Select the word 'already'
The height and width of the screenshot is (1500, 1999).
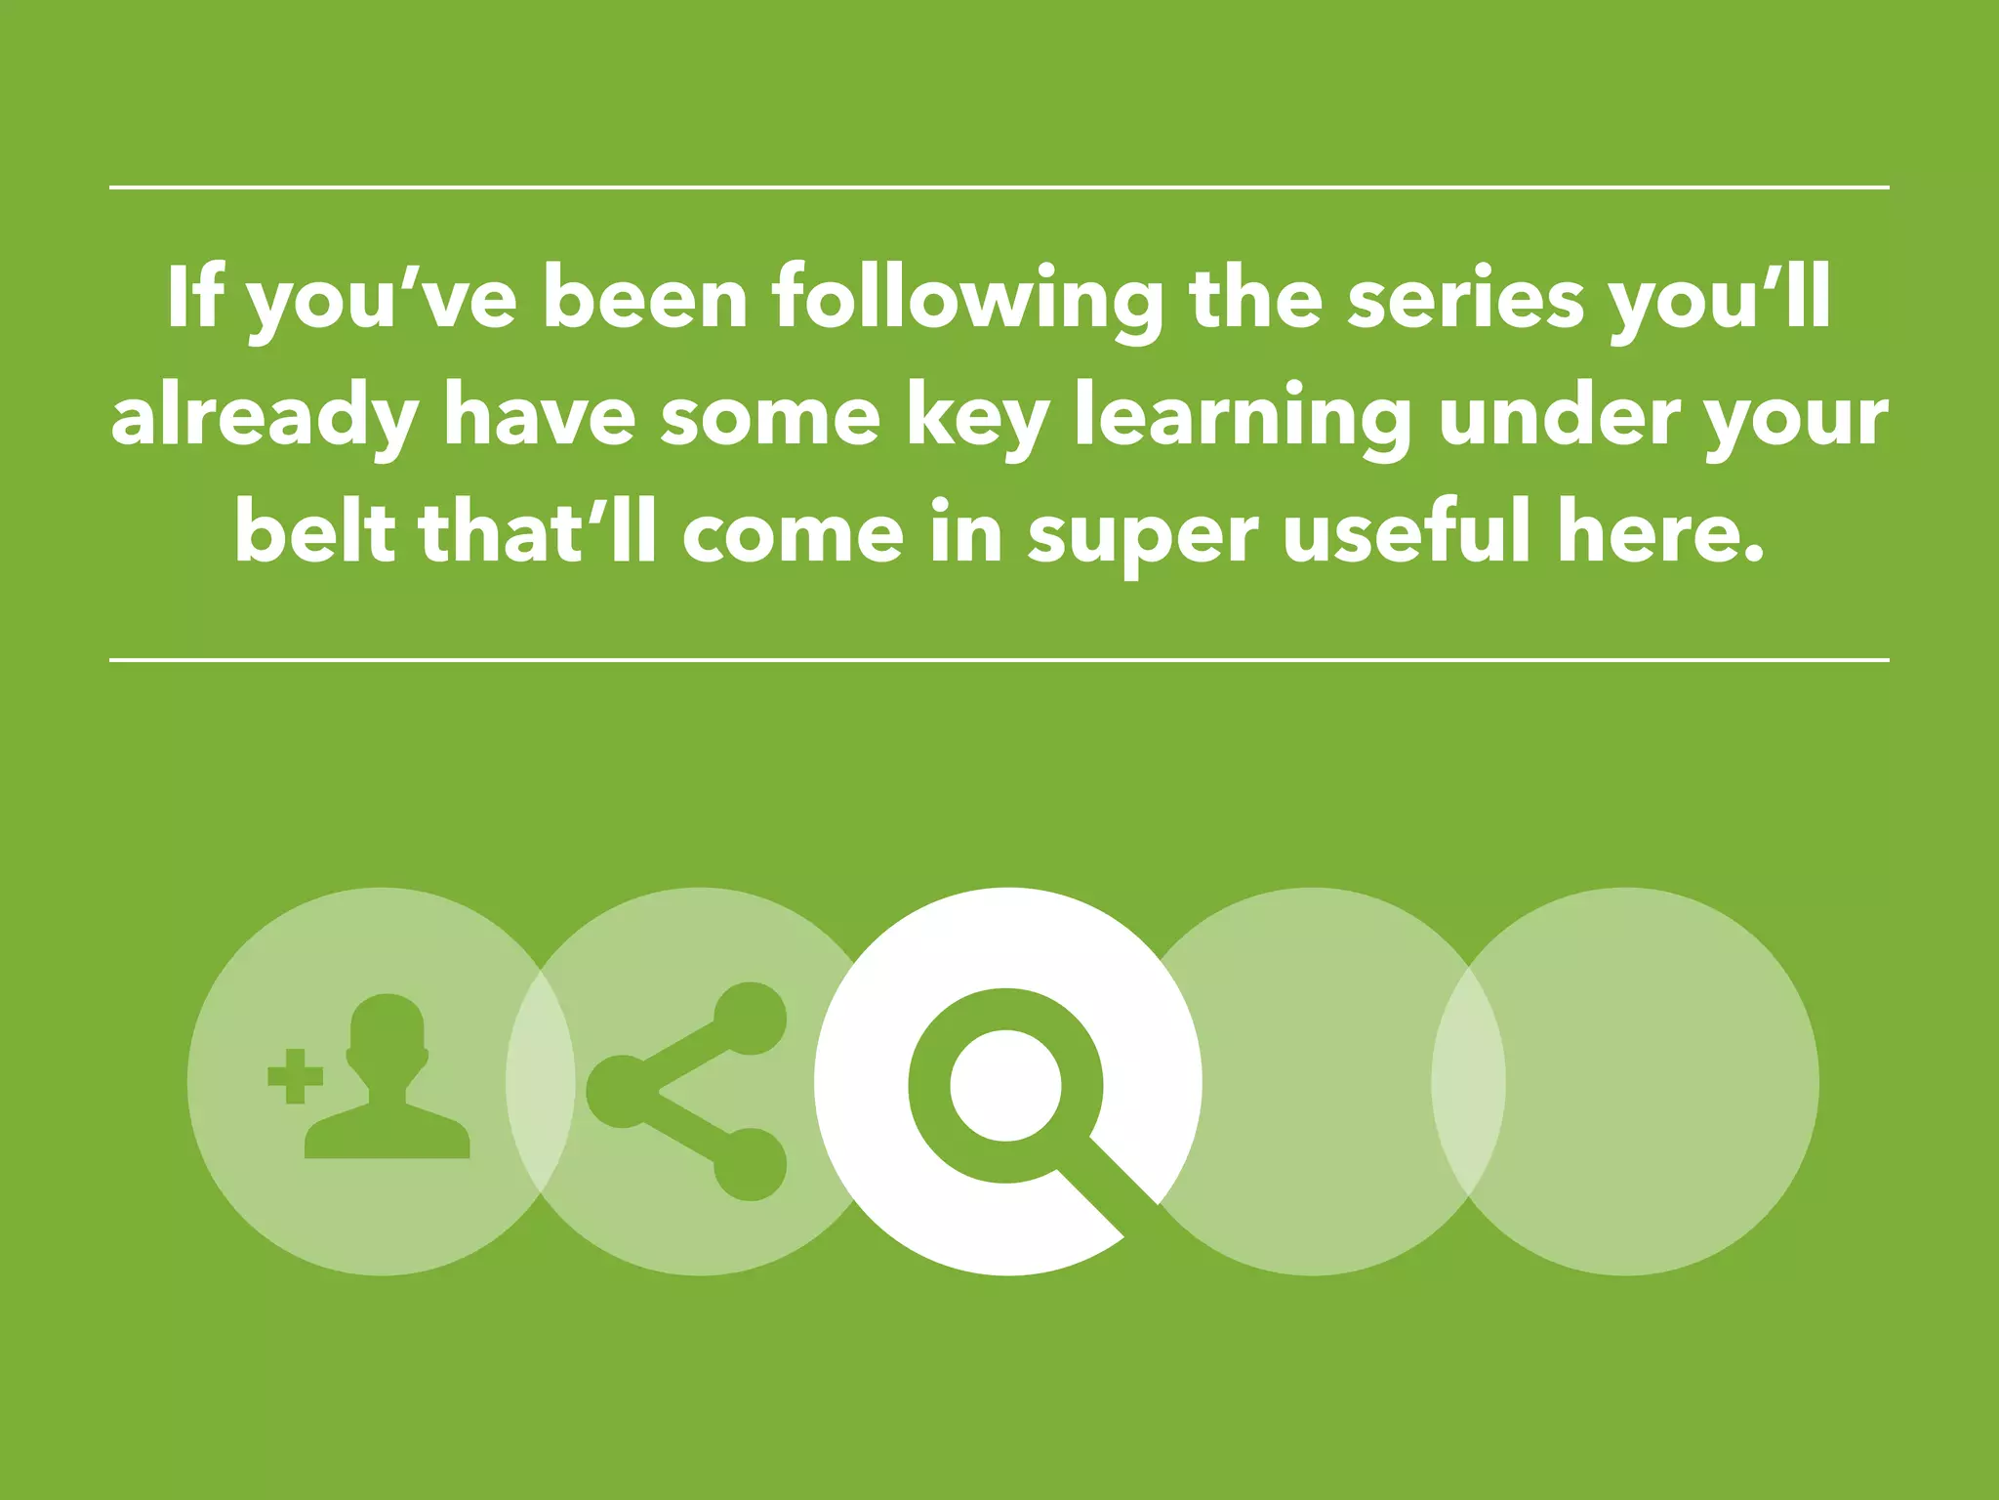[x=264, y=418]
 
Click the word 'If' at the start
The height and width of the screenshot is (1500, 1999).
[x=194, y=297]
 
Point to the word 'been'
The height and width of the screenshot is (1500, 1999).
[x=644, y=297]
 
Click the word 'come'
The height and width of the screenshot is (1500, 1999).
[x=793, y=534]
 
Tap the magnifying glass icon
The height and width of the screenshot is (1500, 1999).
[x=1005, y=1084]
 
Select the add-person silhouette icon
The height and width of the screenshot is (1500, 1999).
[x=388, y=1079]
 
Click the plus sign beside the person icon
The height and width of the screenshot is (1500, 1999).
[x=295, y=1077]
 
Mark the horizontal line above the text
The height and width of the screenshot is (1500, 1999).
[x=999, y=187]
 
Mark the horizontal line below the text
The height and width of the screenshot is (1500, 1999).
[x=999, y=660]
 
